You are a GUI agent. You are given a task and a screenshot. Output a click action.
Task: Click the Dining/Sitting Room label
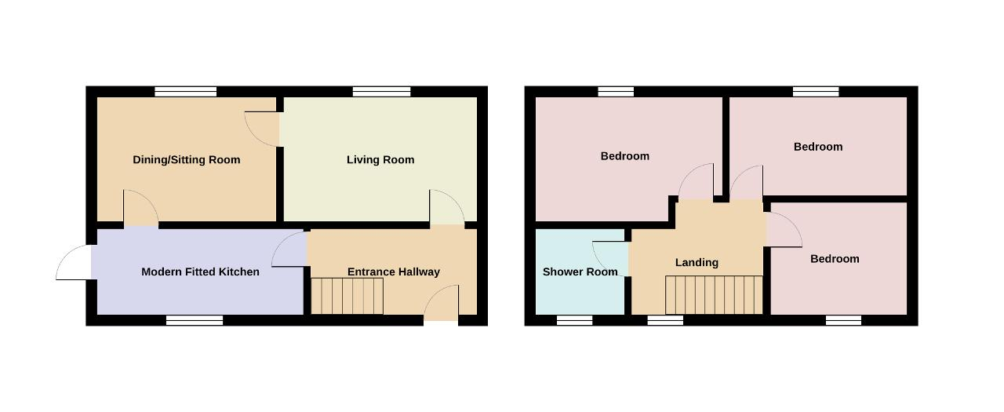click(187, 160)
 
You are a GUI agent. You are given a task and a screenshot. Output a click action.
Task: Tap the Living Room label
click(380, 160)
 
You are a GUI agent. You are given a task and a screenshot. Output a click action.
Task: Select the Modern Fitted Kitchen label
click(200, 272)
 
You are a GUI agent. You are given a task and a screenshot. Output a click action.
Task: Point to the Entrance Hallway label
click(394, 272)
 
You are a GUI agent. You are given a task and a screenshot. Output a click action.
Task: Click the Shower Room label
click(580, 272)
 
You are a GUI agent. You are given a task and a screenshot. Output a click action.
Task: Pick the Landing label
click(697, 262)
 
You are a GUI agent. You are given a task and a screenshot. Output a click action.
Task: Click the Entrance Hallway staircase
click(347, 296)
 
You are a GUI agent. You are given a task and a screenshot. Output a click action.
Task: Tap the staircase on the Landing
click(714, 295)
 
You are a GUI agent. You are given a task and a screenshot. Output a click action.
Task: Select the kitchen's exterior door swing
click(74, 262)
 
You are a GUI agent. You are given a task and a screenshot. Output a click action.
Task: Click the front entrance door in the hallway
click(442, 303)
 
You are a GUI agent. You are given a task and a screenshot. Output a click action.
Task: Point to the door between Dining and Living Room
click(262, 129)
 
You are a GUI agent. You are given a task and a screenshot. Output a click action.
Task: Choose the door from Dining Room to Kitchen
click(140, 207)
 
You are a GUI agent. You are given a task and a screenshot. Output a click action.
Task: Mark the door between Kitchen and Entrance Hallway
click(289, 250)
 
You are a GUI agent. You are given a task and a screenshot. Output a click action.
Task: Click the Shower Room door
click(610, 259)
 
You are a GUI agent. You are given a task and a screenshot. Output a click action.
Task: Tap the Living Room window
click(381, 92)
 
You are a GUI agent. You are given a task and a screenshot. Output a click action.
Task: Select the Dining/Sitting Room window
click(186, 92)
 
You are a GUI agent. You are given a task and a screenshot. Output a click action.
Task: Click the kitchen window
click(195, 320)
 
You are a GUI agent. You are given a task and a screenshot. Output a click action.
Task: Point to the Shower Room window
click(575, 320)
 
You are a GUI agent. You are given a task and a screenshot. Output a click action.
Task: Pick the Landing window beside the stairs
click(665, 320)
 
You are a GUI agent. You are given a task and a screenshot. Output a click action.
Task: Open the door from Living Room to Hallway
click(447, 207)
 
